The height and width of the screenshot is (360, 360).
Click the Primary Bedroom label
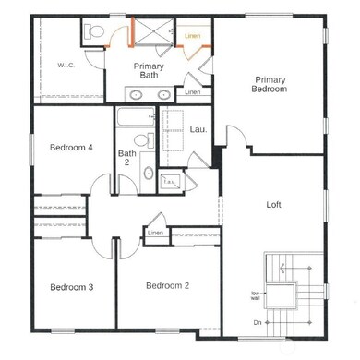coord(270,85)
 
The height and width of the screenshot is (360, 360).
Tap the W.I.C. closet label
coord(66,66)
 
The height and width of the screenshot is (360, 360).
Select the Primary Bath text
coord(149,71)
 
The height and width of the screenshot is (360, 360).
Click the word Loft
coord(273,204)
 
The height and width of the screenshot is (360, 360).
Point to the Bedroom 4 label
coord(71,148)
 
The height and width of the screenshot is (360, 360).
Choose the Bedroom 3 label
coord(71,287)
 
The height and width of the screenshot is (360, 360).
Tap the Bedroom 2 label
coord(168,285)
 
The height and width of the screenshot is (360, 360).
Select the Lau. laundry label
coord(197,129)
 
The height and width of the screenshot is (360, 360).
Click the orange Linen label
coord(192,36)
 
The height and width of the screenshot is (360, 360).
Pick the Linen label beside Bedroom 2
coord(155,234)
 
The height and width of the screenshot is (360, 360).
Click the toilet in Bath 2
coord(139,142)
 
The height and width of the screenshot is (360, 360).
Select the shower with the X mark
coord(149,33)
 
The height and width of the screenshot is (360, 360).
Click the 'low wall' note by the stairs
coord(255,296)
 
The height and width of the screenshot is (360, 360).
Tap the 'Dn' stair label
coord(257,322)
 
